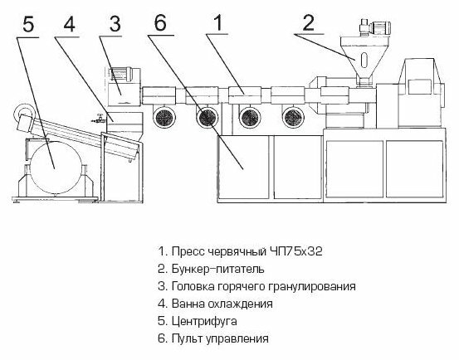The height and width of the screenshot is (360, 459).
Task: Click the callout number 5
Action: (x=28, y=25)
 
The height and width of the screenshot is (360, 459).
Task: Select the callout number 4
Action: (x=70, y=24)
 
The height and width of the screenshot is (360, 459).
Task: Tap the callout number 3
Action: (x=115, y=24)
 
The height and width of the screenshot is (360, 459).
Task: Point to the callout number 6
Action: (x=160, y=22)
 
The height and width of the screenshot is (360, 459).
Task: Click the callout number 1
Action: (x=217, y=22)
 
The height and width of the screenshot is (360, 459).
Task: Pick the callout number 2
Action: (x=309, y=22)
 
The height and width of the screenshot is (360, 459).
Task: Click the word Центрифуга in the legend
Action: (x=204, y=321)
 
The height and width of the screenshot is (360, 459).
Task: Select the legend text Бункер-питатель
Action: (x=217, y=269)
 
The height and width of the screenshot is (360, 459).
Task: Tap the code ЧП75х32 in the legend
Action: (x=295, y=251)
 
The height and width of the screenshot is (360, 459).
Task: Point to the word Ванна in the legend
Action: (x=188, y=304)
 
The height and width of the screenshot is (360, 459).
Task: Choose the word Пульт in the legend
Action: (x=187, y=339)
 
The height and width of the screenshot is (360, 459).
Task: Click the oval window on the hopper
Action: (x=364, y=60)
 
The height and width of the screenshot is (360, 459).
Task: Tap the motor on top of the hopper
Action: (x=375, y=27)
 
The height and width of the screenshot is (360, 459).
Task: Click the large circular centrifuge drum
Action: (x=56, y=167)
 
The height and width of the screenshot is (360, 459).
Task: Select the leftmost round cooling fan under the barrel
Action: (x=164, y=117)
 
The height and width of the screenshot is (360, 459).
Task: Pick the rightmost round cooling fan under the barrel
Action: (x=293, y=117)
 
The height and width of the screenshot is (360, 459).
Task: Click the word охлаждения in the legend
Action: (x=240, y=304)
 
